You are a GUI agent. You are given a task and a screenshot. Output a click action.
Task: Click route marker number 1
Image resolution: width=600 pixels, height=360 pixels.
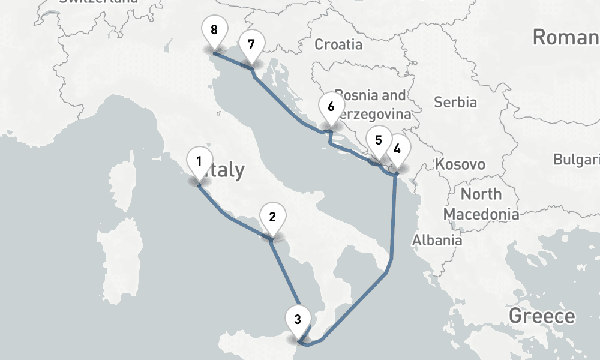click(199, 161)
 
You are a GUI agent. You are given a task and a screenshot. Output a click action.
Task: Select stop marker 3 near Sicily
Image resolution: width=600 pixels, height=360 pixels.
click(298, 319)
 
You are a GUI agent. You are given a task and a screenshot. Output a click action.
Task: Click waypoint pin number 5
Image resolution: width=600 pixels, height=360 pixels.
click(378, 141)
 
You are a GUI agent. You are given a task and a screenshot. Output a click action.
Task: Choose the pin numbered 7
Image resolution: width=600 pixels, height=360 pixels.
click(251, 44)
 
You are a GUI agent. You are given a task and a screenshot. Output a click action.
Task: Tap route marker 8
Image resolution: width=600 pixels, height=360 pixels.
click(214, 29)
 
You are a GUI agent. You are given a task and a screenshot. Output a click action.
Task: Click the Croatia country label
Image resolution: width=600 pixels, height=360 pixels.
click(338, 44)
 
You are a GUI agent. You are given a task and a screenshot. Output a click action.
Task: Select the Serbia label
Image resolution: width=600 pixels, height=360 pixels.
click(455, 102)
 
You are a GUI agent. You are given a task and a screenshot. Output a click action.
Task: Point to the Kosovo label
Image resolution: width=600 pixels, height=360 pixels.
click(460, 164)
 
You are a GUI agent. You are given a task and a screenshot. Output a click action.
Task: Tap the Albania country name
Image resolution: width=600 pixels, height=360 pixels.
click(437, 240)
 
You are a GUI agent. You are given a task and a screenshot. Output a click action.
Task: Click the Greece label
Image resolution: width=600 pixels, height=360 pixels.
click(541, 316)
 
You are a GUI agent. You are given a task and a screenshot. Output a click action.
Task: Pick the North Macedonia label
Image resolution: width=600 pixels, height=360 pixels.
click(481, 204)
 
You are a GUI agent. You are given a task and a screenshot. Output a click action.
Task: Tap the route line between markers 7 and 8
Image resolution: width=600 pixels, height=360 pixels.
click(233, 62)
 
